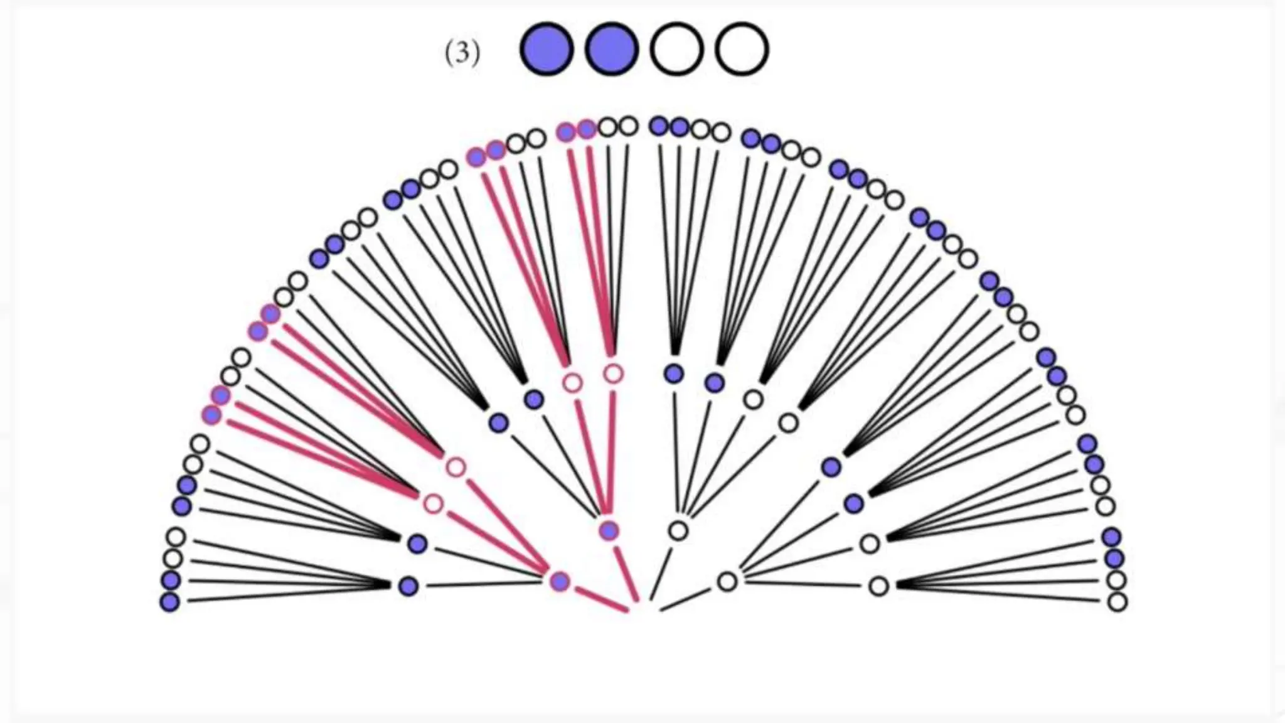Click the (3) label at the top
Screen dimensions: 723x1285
(462, 53)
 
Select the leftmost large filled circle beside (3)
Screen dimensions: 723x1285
(547, 49)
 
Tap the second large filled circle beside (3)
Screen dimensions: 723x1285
(612, 49)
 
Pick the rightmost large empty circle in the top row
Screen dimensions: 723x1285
(742, 49)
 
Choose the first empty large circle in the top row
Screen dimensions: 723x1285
(676, 49)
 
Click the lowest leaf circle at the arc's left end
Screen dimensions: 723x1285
(169, 602)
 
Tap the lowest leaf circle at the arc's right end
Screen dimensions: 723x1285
(1117, 602)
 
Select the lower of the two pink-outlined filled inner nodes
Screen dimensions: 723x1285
(560, 581)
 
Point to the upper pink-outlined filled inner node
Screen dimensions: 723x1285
(609, 531)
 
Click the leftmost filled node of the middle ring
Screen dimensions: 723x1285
(408, 586)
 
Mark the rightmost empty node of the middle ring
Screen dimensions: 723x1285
(879, 586)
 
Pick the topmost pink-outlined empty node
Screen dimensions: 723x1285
(614, 374)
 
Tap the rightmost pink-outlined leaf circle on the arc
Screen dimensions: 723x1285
(587, 129)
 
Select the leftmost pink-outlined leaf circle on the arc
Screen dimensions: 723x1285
(211, 414)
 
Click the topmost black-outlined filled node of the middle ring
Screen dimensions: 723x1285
(674, 374)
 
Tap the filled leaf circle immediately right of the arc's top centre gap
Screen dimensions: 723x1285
(659, 126)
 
